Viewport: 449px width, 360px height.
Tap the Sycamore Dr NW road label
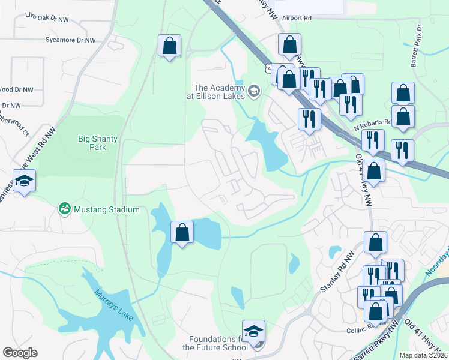pyautogui.click(x=70, y=40)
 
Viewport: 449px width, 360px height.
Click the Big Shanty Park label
pyautogui.click(x=98, y=143)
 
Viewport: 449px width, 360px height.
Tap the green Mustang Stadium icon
pyautogui.click(x=64, y=209)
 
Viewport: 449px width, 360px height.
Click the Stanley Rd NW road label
pyautogui.click(x=334, y=273)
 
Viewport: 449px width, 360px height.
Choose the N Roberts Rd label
pyautogui.click(x=372, y=122)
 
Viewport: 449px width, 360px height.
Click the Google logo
pyautogui.click(x=20, y=353)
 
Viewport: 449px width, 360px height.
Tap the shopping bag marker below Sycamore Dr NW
pyautogui.click(x=169, y=46)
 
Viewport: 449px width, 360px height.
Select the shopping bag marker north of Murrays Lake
pyautogui.click(x=182, y=232)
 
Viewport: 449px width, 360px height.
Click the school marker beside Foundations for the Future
pyautogui.click(x=253, y=331)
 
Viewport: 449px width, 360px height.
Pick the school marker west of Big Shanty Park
pyautogui.click(x=23, y=181)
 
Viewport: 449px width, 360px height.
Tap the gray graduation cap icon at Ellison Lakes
pyautogui.click(x=253, y=91)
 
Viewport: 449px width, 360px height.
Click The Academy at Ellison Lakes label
pyautogui.click(x=219, y=92)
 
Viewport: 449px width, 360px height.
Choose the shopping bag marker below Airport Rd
pyautogui.click(x=289, y=44)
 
